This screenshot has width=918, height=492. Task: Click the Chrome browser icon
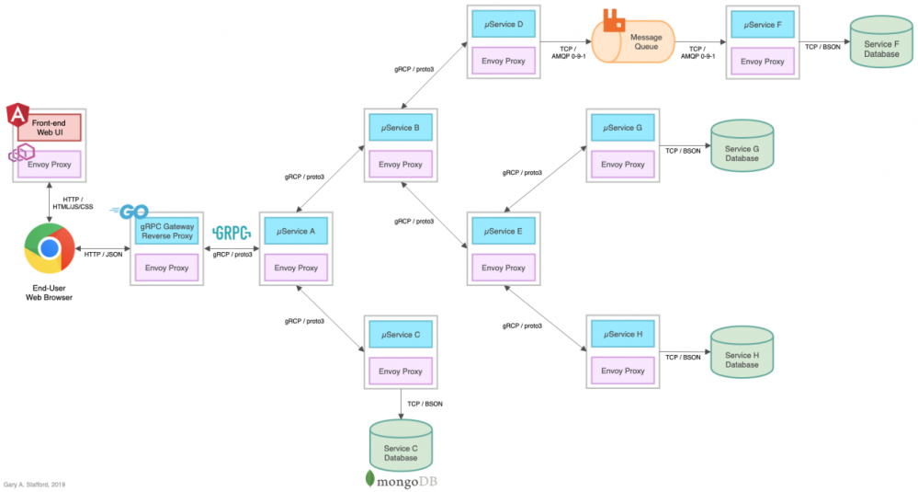49,249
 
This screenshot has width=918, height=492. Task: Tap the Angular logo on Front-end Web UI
17,115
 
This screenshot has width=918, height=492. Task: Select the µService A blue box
296,231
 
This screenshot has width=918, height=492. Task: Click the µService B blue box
400,128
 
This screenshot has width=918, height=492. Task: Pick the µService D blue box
503,24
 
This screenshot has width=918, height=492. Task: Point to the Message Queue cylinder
633,42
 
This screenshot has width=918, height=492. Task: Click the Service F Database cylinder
882,42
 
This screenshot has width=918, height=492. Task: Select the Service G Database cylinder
742,147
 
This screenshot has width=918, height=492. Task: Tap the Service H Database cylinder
742,353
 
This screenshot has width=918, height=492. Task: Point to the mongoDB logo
407,479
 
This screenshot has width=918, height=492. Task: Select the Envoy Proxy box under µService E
504,268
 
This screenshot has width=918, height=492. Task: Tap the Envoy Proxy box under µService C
400,372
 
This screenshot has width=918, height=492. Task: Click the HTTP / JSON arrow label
104,255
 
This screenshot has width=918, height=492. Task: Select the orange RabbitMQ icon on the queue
613,19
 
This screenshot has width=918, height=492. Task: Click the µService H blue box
621,335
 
